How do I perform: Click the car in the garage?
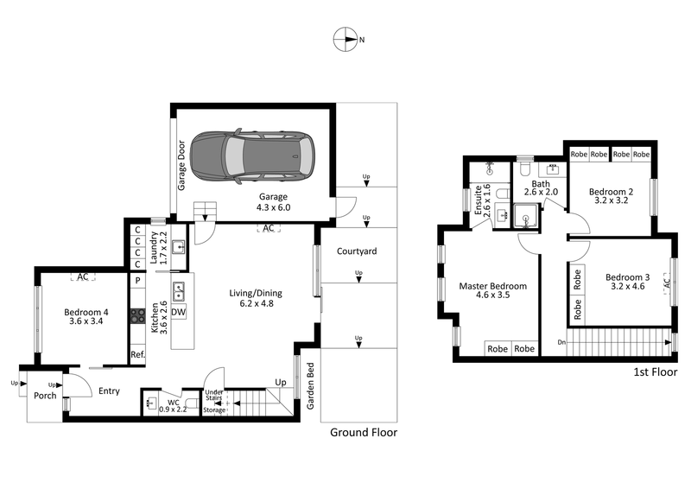point(252,156)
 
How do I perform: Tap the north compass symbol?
point(346,39)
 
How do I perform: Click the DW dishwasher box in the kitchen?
point(179,312)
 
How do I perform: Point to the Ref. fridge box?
point(137,354)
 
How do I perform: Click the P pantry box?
point(137,281)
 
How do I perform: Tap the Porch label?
point(45,397)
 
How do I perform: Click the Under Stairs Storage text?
point(214,401)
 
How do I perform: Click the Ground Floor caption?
point(364,433)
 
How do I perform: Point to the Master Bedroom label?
point(494,291)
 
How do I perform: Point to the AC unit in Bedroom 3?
point(666,283)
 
